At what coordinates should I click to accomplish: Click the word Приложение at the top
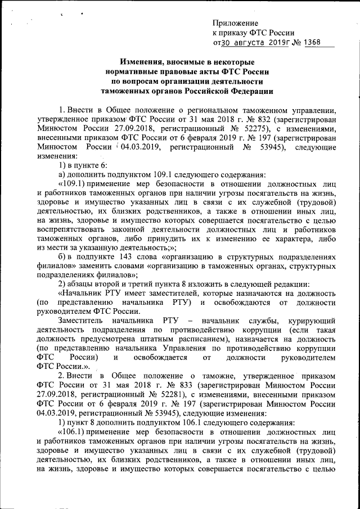(236, 23)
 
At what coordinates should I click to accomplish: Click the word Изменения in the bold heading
(145, 61)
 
